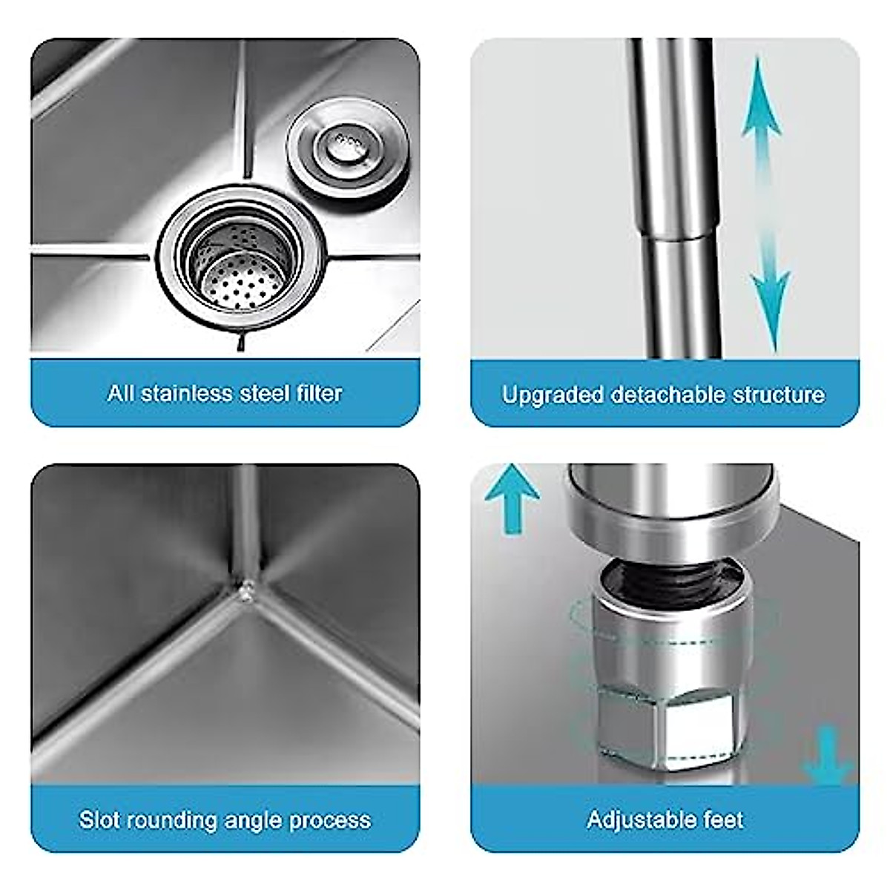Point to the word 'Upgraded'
pos(552,394)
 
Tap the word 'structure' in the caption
pos(778,394)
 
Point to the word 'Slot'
pos(99,820)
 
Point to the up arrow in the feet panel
pos(512,493)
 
